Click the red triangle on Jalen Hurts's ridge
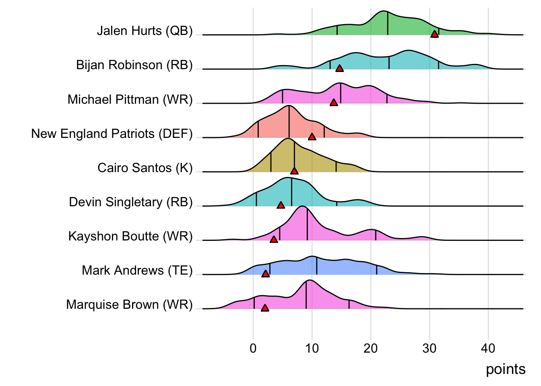[434, 34]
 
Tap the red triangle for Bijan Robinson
[339, 68]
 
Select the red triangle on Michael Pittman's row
[334, 103]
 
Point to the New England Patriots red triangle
[312, 137]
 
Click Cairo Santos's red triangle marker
[294, 171]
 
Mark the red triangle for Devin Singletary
[281, 205]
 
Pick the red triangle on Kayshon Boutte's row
[274, 240]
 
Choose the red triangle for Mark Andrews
[265, 274]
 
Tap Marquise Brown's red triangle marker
[265, 308]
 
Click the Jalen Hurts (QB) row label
[145, 31]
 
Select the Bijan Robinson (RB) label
[134, 65]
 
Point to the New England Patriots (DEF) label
[112, 133]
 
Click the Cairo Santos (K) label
[145, 168]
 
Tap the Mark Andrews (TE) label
[137, 270]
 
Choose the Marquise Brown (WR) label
[129, 305]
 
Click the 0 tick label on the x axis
[253, 348]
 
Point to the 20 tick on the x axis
[371, 348]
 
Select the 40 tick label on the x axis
[488, 348]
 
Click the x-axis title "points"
[506, 369]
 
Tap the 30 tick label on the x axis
[429, 348]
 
